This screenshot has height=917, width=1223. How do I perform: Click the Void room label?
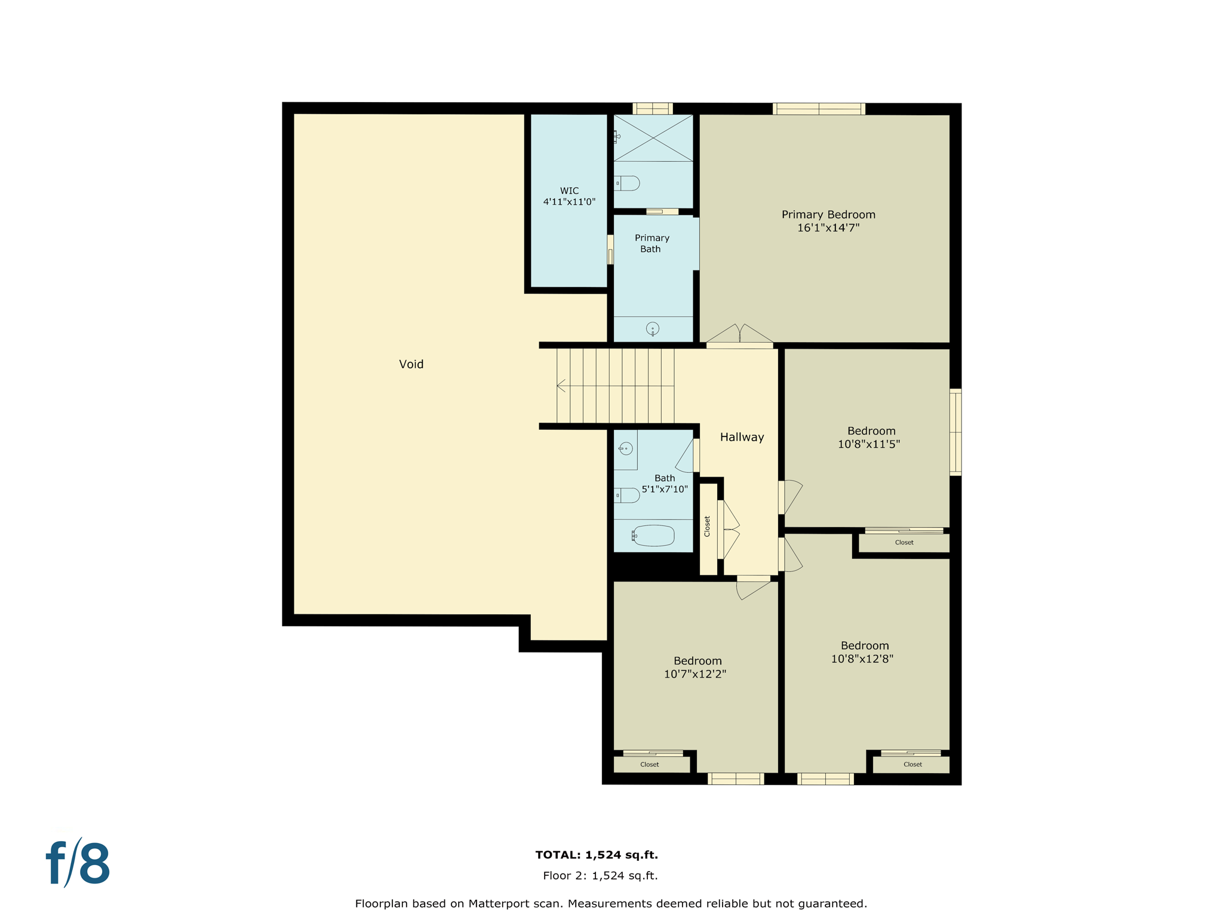point(411,364)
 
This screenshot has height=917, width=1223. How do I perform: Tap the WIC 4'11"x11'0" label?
point(569,196)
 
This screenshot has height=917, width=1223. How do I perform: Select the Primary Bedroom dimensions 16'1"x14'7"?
point(828,227)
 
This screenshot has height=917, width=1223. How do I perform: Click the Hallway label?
point(742,437)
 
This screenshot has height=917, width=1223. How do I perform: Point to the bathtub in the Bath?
point(653,536)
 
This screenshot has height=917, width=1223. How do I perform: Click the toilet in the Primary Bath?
point(628,183)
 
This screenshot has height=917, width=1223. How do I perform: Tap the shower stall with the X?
point(653,138)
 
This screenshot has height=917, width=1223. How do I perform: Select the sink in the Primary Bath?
point(653,328)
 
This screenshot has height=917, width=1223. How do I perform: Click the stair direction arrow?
point(561,386)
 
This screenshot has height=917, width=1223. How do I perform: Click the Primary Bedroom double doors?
point(740,336)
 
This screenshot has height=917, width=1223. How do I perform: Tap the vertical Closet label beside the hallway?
point(707,526)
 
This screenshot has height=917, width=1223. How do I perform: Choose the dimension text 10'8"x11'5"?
point(868,444)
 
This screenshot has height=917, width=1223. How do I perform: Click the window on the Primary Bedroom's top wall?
point(818,109)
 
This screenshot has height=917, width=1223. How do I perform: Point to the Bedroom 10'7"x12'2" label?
point(696,667)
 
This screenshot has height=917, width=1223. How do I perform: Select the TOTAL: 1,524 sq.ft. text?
point(596,855)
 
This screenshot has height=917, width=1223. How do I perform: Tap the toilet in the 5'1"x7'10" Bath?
point(628,495)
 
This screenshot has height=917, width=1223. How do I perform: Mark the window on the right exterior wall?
point(955,432)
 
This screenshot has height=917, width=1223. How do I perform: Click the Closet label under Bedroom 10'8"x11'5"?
point(904,543)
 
